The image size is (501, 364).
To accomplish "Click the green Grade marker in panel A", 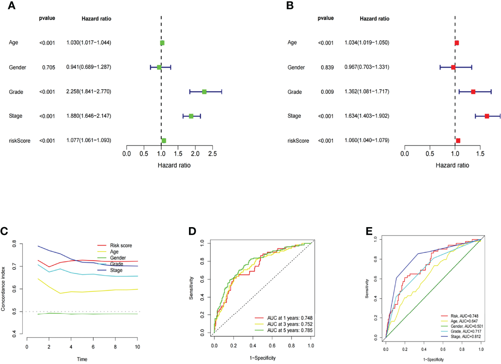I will point(204,92).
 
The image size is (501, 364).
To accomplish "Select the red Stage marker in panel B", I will point(487,116).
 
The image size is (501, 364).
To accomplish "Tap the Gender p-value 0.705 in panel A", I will point(48,67).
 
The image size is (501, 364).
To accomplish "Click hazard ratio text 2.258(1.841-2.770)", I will point(89,92).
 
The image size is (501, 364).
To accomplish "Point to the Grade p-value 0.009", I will point(327,92).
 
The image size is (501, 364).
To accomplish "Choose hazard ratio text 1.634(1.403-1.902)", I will point(367,116).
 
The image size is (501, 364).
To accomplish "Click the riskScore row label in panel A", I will point(20,141).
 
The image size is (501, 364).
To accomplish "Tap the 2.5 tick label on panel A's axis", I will point(212,154).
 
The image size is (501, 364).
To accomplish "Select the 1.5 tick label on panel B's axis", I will point(480,154).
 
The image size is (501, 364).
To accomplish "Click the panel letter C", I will point(4,231).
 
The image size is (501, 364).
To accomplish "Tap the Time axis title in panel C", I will point(82,359).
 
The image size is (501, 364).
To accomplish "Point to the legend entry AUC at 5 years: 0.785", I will point(290,330).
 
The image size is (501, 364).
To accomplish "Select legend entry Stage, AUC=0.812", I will point(465,336).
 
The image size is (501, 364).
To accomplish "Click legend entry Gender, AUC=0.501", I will point(467,326).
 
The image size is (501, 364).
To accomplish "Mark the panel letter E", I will point(369,231).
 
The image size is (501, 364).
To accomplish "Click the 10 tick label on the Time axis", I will point(137,347).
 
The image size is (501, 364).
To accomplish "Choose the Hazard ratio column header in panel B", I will point(374,19).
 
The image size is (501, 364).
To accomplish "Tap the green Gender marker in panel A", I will point(159,67).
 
